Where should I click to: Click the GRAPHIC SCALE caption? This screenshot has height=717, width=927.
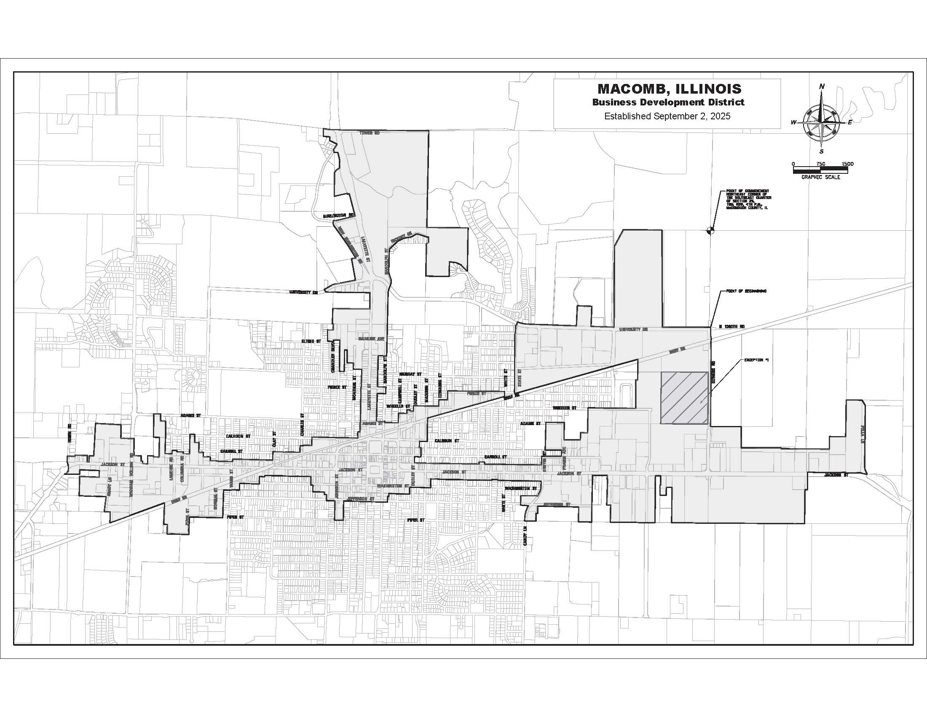point(820,177)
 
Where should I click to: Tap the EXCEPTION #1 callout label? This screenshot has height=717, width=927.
point(756,360)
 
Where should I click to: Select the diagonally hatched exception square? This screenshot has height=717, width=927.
point(684,398)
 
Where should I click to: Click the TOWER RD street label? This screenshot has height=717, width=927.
point(369,133)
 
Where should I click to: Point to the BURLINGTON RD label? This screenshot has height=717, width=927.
point(338,216)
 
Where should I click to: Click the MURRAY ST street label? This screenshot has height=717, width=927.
point(410,374)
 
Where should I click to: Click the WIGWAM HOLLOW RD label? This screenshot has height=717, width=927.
point(131,472)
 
